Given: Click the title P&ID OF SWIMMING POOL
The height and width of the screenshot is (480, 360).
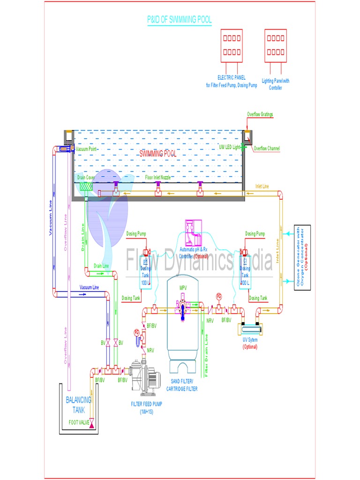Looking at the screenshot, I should tap(180, 20).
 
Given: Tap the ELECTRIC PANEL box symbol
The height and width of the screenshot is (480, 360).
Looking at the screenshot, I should tap(232, 45).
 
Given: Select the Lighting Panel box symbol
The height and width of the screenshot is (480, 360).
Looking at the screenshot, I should tap(275, 45).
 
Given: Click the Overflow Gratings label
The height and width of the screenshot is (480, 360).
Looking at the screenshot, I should tap(260, 114).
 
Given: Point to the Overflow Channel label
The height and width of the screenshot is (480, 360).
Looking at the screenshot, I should tap(267, 149).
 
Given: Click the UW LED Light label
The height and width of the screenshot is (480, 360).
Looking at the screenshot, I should tap(230, 147).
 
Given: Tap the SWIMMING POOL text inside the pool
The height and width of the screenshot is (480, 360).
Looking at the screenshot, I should tap(158, 154).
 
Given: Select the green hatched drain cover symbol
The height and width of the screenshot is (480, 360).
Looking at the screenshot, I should tap(85, 186).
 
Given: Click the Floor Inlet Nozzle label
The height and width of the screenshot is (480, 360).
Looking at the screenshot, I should tap(158, 178).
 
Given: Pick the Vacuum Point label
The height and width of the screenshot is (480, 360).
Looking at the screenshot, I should tap(88, 149).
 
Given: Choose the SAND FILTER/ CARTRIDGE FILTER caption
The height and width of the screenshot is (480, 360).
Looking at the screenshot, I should tap(182, 386).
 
